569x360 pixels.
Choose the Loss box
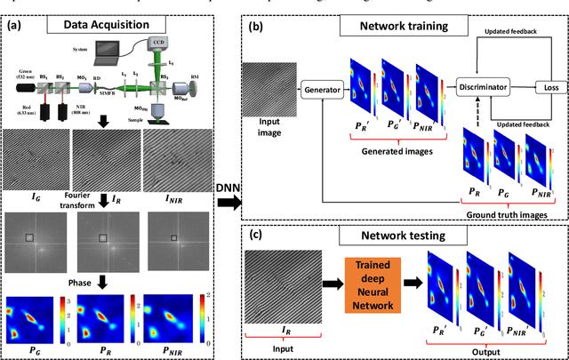pyautogui.click(x=549, y=86)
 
